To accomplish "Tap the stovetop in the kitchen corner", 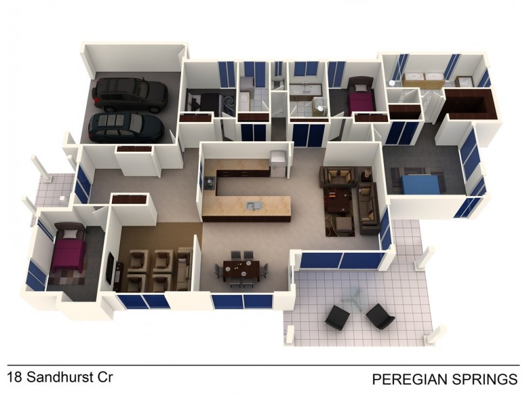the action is coord(210,183).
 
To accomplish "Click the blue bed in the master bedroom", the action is coord(421,184).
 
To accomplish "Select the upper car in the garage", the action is coord(130,94).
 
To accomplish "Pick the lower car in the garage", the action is coord(126,128).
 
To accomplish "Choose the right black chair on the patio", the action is coord(380,317).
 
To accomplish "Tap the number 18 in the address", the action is coord(14,377).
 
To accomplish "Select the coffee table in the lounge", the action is coord(337,200).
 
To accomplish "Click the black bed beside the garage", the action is coord(204,101).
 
